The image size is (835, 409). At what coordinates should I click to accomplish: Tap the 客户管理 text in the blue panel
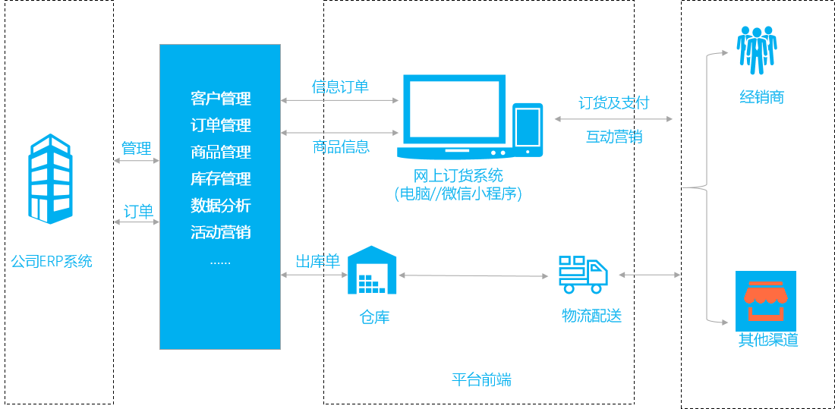click(220, 99)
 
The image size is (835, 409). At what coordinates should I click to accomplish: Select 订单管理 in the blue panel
click(220, 125)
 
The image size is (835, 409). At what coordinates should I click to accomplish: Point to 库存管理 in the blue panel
click(220, 179)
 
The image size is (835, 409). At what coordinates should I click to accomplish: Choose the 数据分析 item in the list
click(220, 206)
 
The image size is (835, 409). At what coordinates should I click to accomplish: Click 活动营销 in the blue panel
click(220, 232)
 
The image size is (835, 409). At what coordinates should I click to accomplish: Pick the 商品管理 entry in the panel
click(220, 152)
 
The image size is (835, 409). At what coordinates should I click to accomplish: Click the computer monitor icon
click(454, 115)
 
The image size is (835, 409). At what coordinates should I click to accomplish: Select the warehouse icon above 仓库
click(372, 270)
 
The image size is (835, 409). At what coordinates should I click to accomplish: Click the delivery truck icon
click(582, 274)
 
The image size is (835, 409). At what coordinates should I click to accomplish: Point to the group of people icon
click(757, 50)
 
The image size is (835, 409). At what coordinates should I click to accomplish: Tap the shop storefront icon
click(765, 299)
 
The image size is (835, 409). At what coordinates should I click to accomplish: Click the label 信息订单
click(340, 87)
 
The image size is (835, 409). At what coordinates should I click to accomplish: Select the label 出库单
click(317, 261)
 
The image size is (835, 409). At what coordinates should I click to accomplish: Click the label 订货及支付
click(613, 103)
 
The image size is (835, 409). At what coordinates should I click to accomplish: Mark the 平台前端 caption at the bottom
click(481, 379)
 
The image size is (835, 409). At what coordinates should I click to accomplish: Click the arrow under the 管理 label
click(136, 161)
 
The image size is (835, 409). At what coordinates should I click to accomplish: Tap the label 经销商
click(761, 97)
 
